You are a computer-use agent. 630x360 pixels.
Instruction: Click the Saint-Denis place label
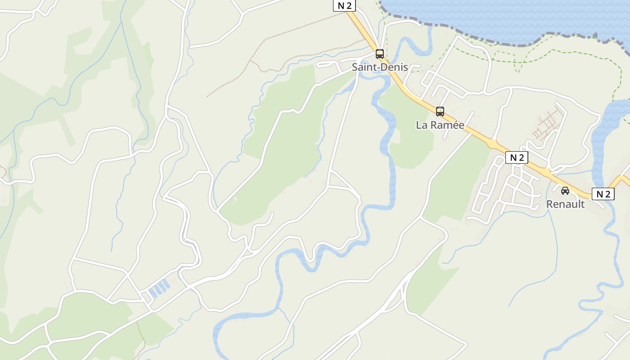[380, 67]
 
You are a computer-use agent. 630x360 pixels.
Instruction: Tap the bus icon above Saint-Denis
[380, 54]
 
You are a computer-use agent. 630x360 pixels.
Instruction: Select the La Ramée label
[440, 125]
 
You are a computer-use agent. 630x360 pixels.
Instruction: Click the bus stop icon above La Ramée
[440, 112]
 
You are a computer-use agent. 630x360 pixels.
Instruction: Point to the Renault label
[565, 204]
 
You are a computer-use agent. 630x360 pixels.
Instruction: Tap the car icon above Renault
[565, 191]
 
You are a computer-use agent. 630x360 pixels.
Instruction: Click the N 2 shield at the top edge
[344, 5]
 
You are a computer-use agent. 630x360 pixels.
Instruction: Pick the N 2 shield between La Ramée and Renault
[517, 157]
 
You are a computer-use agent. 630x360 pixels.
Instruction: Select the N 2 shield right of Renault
[603, 194]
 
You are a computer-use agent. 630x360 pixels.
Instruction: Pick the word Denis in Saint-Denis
[394, 67]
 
